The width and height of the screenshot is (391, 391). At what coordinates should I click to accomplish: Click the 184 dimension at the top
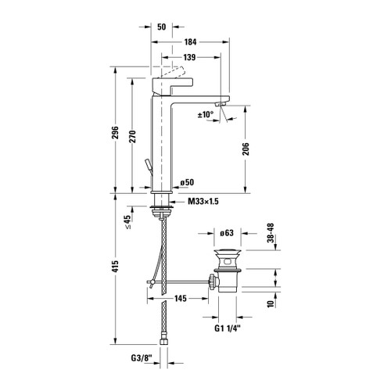[x=191, y=41]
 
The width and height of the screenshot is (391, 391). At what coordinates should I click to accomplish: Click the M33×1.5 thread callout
[x=202, y=202]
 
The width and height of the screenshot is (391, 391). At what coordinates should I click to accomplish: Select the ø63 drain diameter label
[x=227, y=232]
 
